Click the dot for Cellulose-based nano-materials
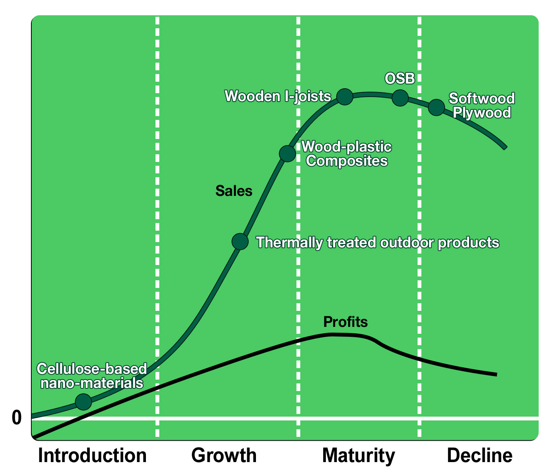(84, 402)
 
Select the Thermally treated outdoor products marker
(240, 241)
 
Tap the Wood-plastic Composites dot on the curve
(287, 154)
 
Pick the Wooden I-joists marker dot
(345, 97)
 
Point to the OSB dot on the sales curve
(400, 98)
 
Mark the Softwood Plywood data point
(436, 107)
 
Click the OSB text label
(400, 78)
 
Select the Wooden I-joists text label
(278, 96)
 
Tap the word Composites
(347, 161)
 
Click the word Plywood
(482, 113)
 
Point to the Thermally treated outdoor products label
(377, 242)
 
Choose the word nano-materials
(92, 383)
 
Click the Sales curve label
(234, 191)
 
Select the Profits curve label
(345, 322)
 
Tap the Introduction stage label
(92, 455)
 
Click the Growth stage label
(224, 455)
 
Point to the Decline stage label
(480, 455)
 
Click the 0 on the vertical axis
(17, 418)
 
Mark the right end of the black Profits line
(496, 375)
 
